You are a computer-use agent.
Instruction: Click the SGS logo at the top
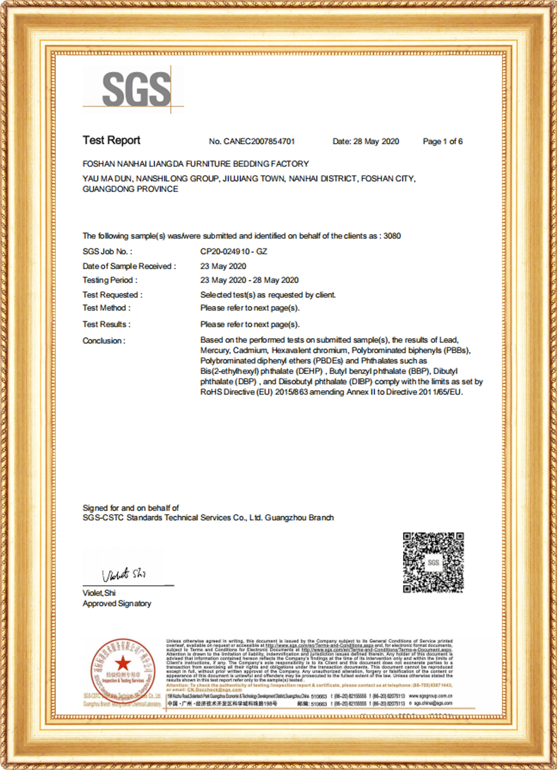(136, 89)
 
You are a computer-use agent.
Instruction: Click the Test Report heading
(111, 140)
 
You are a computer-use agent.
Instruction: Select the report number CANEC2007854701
(259, 141)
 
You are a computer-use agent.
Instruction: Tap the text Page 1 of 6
(442, 141)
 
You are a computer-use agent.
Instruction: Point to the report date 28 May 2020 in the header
(376, 141)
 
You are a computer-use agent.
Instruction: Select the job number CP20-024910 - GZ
(233, 251)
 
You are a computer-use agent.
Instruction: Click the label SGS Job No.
(107, 251)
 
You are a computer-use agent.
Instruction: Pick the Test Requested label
(112, 295)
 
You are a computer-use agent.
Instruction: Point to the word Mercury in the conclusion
(215, 350)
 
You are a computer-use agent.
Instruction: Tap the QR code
(433, 562)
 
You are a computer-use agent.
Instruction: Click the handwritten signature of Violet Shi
(124, 574)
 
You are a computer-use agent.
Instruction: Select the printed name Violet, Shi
(99, 593)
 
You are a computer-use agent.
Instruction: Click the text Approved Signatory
(117, 603)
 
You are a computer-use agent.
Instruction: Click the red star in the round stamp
(123, 663)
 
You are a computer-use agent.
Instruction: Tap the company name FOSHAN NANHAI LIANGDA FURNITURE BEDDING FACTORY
(195, 164)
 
